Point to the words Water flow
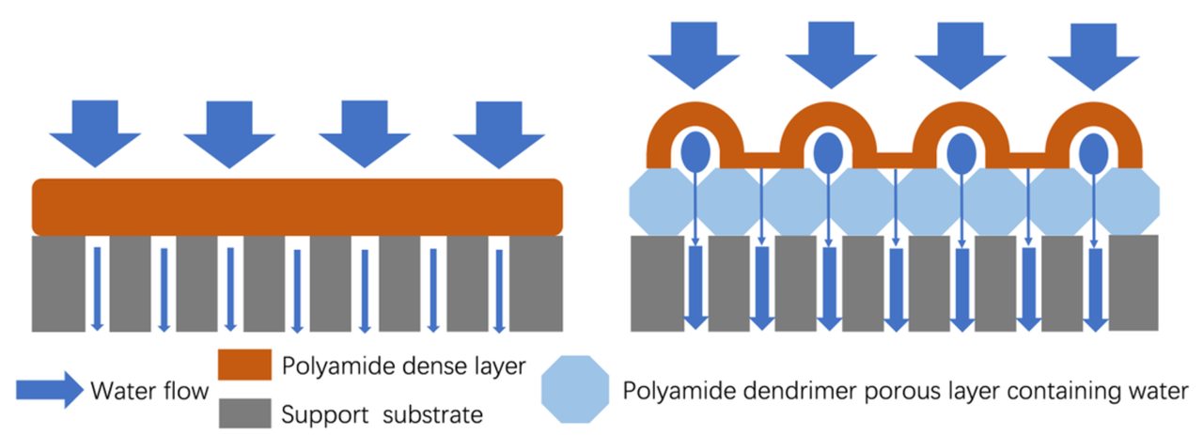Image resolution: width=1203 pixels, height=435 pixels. pos(149,391)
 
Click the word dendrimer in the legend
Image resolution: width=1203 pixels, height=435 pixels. pos(810,390)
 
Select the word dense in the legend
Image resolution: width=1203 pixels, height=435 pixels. pos(423,366)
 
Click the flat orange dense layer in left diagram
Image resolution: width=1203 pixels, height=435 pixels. pos(298,207)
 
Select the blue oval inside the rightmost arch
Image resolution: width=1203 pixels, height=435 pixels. pos(1093,150)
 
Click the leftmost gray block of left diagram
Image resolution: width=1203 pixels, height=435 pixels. pos(63,284)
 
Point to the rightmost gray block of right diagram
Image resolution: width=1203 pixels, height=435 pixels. pos(1133,282)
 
